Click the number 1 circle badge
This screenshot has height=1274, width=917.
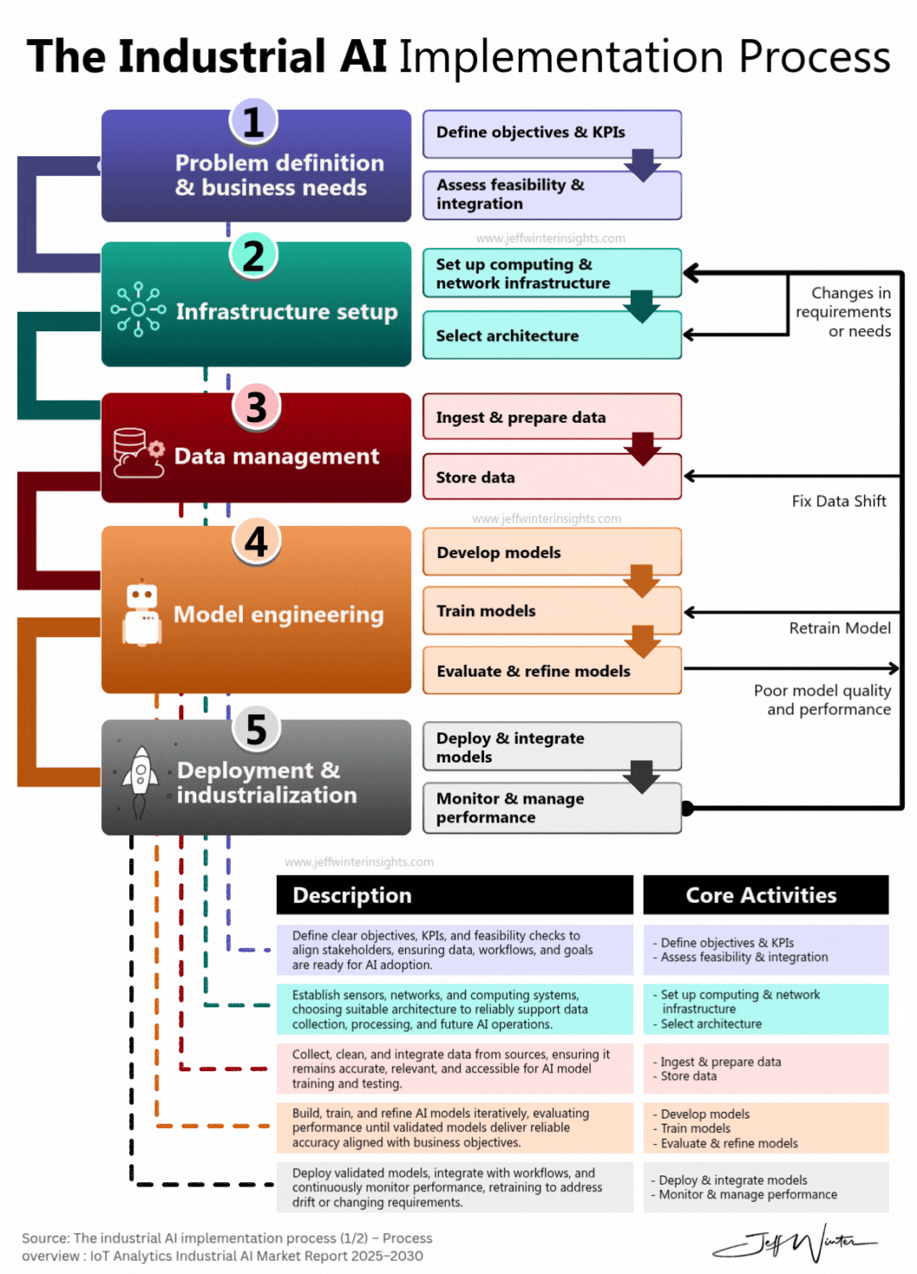(253, 121)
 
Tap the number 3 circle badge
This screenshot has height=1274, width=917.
(256, 407)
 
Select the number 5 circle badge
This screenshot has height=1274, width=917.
(256, 729)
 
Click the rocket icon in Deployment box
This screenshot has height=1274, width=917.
(140, 780)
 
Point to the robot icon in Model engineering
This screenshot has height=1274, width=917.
(142, 614)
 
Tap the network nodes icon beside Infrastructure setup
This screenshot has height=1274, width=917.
(138, 310)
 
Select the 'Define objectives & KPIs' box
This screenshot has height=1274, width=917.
(552, 133)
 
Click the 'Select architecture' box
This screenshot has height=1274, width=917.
(552, 335)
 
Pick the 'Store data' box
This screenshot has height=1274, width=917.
(552, 477)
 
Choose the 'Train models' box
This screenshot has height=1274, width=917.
(552, 611)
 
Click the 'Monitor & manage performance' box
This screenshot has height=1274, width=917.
(552, 808)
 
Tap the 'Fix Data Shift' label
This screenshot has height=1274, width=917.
(839, 501)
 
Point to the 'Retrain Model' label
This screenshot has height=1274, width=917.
(840, 628)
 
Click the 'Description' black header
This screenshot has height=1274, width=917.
(454, 895)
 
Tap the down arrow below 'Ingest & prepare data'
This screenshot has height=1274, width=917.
(643, 448)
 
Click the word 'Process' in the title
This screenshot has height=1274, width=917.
(813, 57)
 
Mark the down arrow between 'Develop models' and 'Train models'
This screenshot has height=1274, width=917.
(642, 581)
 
